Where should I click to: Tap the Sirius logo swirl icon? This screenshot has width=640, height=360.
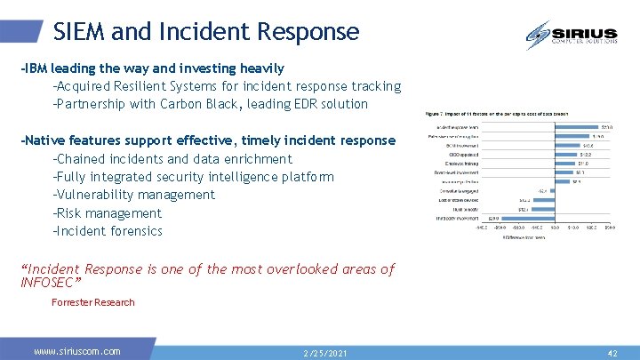538,36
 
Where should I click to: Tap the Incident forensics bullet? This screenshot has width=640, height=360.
108,231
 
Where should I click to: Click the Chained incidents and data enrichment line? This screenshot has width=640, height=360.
172,159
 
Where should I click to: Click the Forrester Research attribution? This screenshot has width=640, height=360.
93,302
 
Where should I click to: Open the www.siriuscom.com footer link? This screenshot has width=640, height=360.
77,352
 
